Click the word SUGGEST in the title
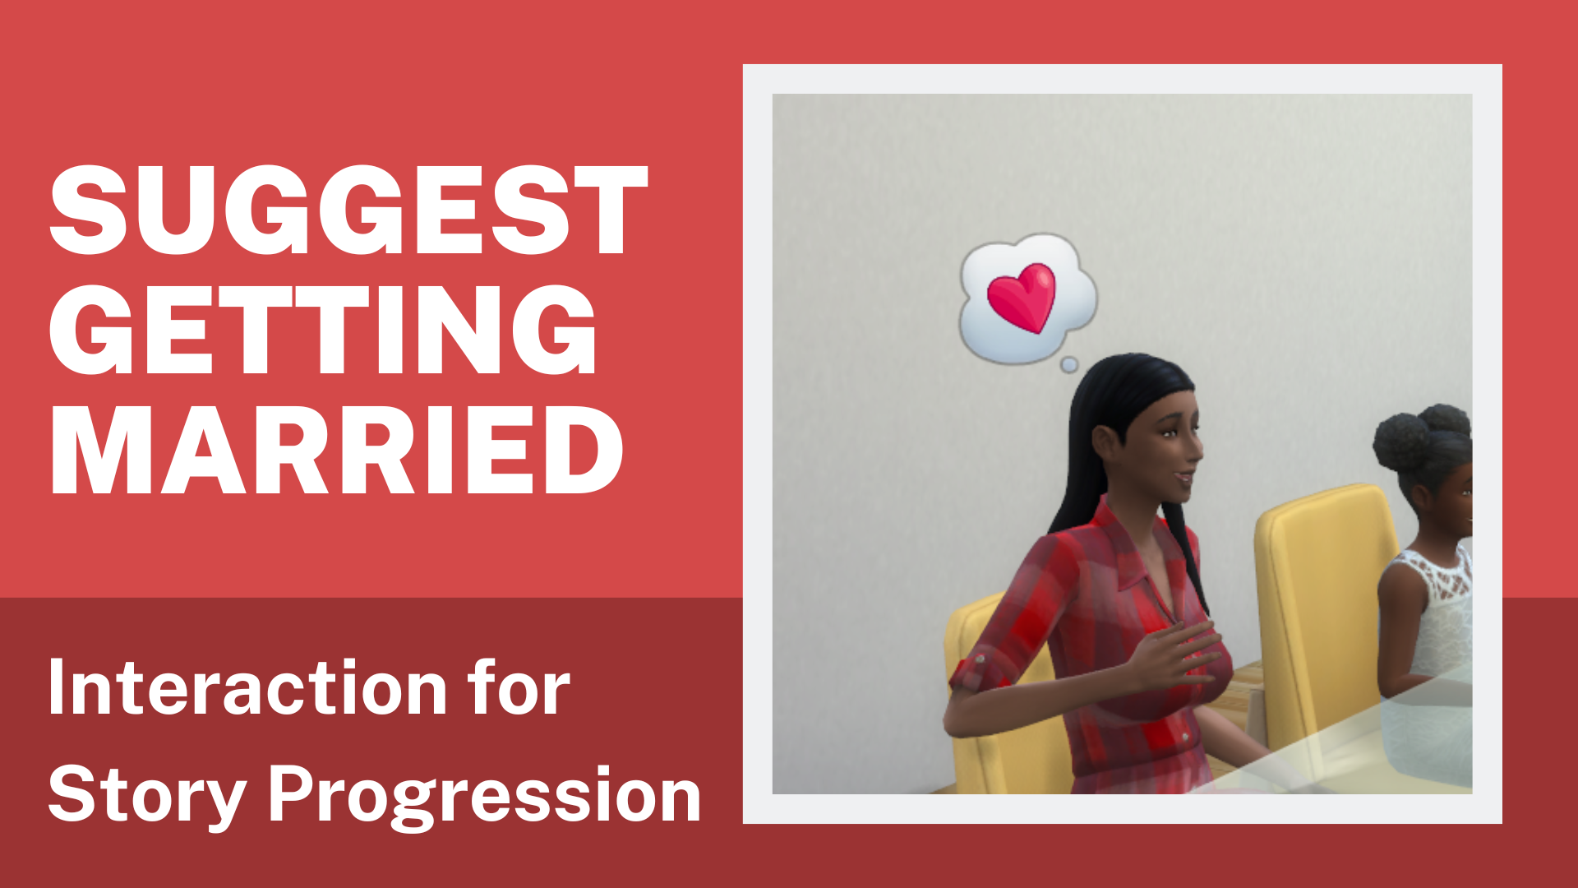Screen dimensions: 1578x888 click(x=349, y=210)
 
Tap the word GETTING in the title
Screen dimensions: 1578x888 click(x=323, y=330)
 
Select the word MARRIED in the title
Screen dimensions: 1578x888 click(x=337, y=450)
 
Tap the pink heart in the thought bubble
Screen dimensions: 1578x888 click(x=1022, y=296)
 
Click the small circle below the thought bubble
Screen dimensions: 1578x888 click(x=1069, y=364)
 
